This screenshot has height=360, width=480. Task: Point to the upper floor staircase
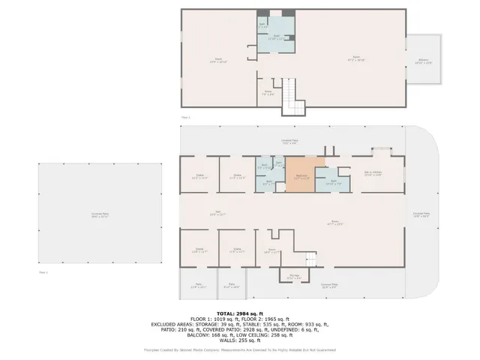(294, 99)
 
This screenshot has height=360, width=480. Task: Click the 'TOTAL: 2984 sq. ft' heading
(240, 313)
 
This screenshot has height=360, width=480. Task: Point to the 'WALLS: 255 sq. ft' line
(240, 339)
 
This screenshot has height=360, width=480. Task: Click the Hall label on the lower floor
(218, 213)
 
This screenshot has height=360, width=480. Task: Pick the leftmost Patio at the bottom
(199, 285)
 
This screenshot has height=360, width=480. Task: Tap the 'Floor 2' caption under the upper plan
(185, 118)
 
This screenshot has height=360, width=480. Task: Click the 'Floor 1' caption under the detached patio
(43, 272)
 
